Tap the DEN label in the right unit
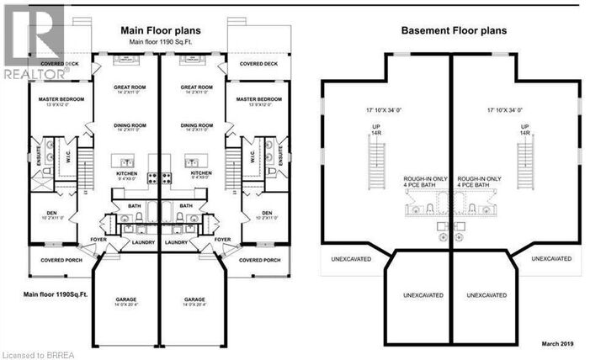coord(266,213)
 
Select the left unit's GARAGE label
coord(125,300)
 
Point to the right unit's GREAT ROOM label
coord(195,87)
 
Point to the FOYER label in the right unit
coord(222,239)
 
